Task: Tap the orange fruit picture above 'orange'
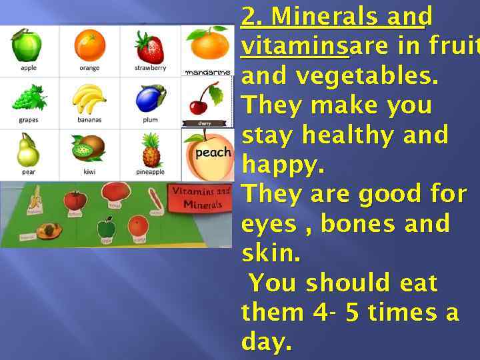pyautogui.click(x=89, y=45)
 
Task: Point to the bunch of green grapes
pyautogui.click(x=28, y=97)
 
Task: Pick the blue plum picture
pyautogui.click(x=149, y=99)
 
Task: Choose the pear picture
pyautogui.click(x=27, y=150)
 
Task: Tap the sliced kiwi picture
pyautogui.click(x=89, y=149)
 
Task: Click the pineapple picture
pyautogui.click(x=151, y=151)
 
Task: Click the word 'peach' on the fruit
pyautogui.click(x=213, y=152)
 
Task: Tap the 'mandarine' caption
pyautogui.click(x=207, y=71)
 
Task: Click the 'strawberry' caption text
pyautogui.click(x=150, y=68)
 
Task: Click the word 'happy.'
pyautogui.click(x=283, y=165)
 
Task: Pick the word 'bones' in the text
pyautogui.click(x=357, y=224)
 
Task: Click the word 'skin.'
pyautogui.click(x=271, y=254)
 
